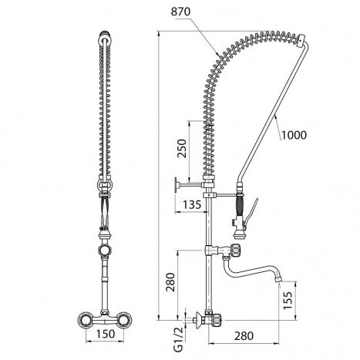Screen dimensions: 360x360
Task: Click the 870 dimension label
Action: click(181, 12)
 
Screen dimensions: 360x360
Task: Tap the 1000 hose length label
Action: click(294, 135)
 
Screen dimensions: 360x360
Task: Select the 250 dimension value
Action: click(182, 148)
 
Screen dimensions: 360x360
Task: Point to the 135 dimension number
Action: click(191, 205)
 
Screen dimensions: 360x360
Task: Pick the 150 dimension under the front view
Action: click(106, 334)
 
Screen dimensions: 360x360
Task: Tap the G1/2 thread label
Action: click(178, 339)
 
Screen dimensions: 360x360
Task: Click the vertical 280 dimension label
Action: click(170, 282)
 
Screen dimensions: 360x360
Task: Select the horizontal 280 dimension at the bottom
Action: click(244, 336)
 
